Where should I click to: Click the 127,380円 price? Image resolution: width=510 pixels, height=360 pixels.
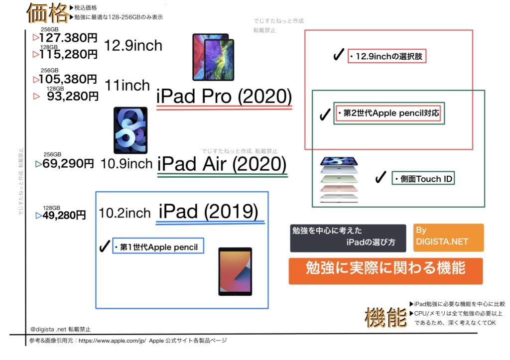pos(68,38)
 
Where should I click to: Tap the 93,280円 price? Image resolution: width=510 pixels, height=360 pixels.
pos(73,96)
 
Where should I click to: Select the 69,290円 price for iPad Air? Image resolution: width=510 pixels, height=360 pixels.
pos(68,163)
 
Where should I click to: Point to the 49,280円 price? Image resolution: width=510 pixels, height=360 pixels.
pos(64,215)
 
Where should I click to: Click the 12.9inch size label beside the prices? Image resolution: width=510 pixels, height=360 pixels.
pos(133,45)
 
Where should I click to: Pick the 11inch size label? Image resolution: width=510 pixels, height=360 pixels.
pos(127,86)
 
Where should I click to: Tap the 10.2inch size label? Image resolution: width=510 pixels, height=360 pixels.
pos(125,213)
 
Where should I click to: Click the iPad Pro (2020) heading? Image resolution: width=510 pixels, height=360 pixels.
pos(224,96)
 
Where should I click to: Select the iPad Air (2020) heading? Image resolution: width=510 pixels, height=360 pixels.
pos(222,164)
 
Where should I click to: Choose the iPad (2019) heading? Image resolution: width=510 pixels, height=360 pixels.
pos(209,212)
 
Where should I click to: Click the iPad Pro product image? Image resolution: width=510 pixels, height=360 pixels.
pos(213,57)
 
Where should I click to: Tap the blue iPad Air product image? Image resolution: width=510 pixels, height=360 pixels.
pos(130,130)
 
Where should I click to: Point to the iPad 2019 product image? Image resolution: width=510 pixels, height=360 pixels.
pos(235,271)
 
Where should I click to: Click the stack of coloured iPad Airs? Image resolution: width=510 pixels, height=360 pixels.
pos(339,180)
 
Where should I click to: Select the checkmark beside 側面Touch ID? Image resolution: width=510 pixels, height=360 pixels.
pos(381,177)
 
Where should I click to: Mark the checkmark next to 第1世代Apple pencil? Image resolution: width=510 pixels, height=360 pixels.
pos(105,246)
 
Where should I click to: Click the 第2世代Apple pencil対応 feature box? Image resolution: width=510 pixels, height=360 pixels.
pos(388,113)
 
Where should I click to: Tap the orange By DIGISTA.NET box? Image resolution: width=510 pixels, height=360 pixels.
pos(449,238)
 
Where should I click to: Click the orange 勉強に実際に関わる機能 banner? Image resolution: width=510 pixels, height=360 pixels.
pos(386,271)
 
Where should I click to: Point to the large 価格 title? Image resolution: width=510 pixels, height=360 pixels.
pos(47,13)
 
